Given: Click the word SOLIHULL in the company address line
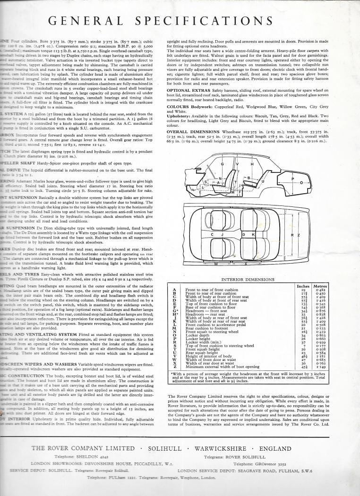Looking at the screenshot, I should pos(167,449).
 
